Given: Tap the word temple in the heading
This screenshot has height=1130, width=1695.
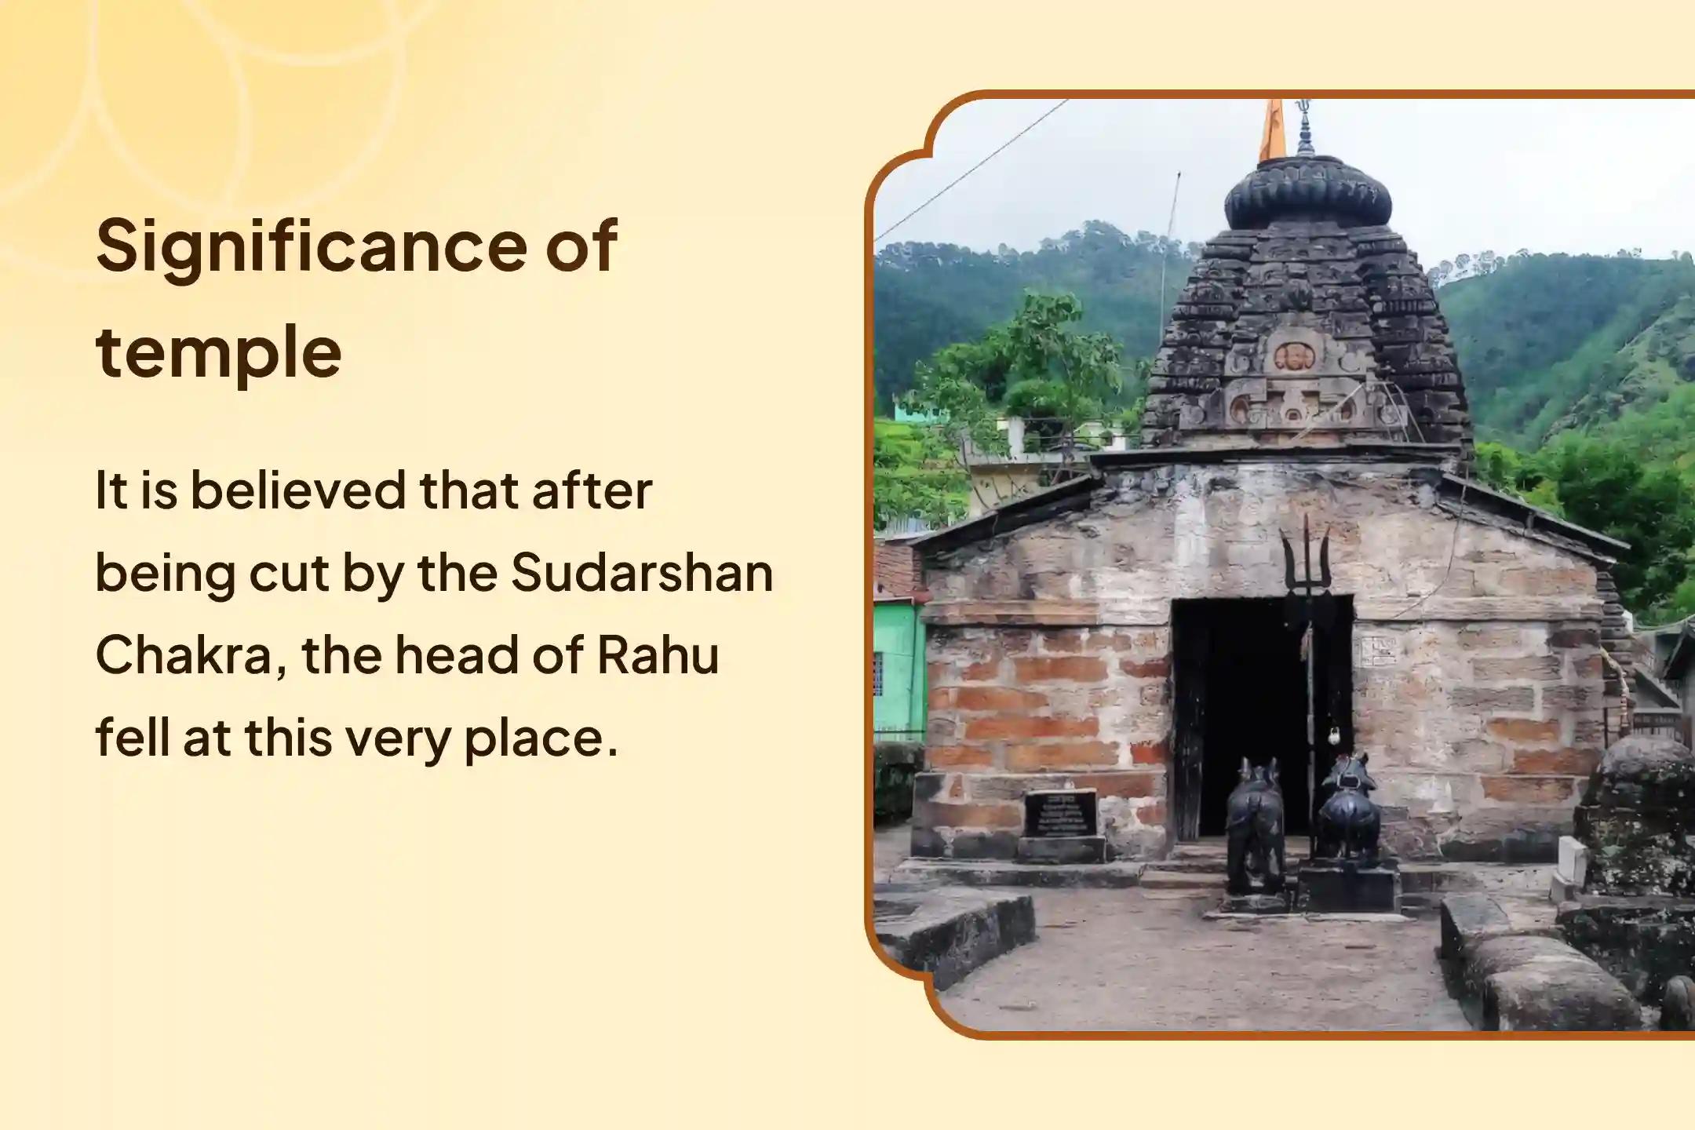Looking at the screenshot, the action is coord(219,351).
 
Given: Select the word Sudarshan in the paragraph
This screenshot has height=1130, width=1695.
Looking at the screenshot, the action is coord(642,573).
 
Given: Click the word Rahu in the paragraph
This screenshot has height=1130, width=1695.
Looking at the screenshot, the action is coord(658,655).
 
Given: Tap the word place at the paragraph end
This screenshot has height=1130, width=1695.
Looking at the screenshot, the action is coord(540,741).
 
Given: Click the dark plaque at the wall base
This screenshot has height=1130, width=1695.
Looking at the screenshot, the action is coord(1060,813).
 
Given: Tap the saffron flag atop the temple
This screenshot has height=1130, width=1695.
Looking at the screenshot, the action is coord(1272,130).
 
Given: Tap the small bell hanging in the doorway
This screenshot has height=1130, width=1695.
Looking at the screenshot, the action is coord(1332,735).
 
